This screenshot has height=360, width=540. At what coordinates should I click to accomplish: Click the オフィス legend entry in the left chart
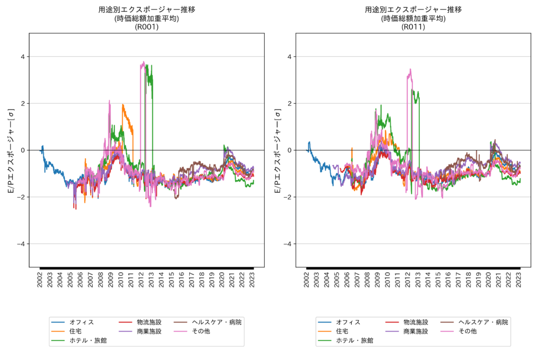pyautogui.click(x=81, y=322)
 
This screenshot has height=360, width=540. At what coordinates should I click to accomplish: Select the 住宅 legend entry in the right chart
pyautogui.click(x=342, y=331)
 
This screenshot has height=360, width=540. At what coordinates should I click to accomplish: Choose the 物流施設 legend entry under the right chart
pyautogui.click(x=416, y=322)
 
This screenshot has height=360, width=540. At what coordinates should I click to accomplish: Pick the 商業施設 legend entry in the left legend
pyautogui.click(x=149, y=331)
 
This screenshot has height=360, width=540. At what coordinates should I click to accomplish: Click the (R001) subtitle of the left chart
pyautogui.click(x=147, y=27)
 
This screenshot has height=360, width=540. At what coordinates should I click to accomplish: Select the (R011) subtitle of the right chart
pyautogui.click(x=413, y=27)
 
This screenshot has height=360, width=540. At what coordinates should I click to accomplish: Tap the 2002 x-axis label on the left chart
pyautogui.click(x=40, y=279)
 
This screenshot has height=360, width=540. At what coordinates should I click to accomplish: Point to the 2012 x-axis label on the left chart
pyautogui.click(x=141, y=279)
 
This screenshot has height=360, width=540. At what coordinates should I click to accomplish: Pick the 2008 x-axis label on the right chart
pyautogui.click(x=367, y=279)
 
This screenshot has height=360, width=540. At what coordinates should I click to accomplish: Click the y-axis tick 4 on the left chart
pyautogui.click(x=23, y=56)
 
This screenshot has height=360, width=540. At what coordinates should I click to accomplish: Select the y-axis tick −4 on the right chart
pyautogui.click(x=288, y=244)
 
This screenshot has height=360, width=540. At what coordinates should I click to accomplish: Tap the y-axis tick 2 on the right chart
pyautogui.click(x=290, y=103)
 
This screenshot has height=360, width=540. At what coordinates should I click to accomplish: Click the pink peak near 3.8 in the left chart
pyautogui.click(x=143, y=62)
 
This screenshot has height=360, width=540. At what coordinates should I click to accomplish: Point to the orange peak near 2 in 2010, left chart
pyautogui.click(x=123, y=104)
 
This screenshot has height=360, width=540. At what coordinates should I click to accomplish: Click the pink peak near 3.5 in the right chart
pyautogui.click(x=410, y=69)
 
